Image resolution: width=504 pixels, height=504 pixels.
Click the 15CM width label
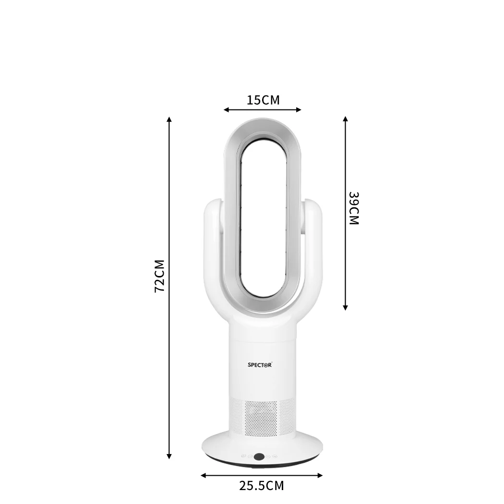coord(263,100)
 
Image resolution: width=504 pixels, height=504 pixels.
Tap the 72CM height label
coord(160,276)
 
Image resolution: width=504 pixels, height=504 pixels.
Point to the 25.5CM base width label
coord(262,486)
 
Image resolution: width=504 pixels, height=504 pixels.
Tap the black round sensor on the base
coord(259,457)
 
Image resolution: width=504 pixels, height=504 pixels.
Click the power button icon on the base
coord(244,456)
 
